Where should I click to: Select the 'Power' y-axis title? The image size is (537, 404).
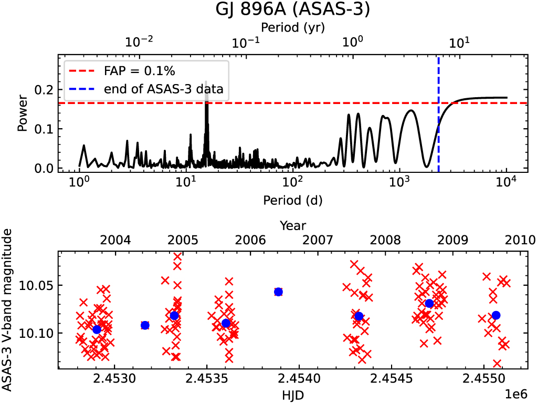tap(22, 113)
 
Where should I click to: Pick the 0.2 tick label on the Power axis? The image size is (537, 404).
tap(46, 90)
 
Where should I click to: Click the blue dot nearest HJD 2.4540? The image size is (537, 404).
tap(278, 292)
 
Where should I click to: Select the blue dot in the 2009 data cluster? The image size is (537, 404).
tap(429, 303)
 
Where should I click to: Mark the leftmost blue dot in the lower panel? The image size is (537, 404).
tap(97, 329)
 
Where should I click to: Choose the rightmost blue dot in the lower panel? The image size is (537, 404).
tap(496, 315)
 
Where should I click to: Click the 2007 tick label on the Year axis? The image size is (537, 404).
tap(318, 241)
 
